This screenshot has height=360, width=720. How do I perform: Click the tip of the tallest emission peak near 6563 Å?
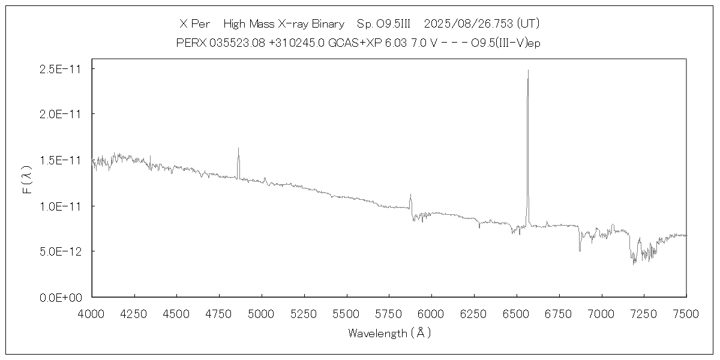coord(528,70)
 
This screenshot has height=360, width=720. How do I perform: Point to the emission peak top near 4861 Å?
coord(238,148)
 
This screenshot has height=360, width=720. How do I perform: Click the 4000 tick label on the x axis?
coord(92,313)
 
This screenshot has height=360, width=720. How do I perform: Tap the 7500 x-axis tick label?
coord(686,313)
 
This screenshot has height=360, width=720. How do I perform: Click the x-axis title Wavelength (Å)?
coord(389,333)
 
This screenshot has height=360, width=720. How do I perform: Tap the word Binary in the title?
coord(328,24)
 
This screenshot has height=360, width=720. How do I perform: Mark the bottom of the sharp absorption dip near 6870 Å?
coord(580,250)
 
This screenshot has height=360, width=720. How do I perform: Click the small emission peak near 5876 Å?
coord(410,194)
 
